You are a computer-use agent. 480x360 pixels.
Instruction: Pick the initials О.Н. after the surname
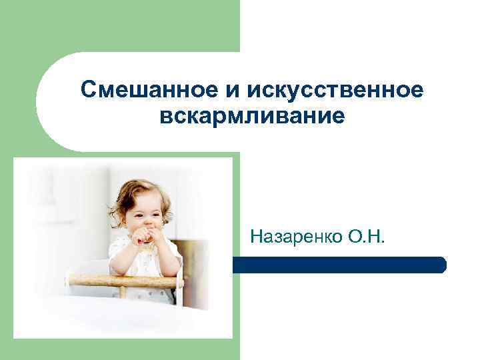(363, 236)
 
